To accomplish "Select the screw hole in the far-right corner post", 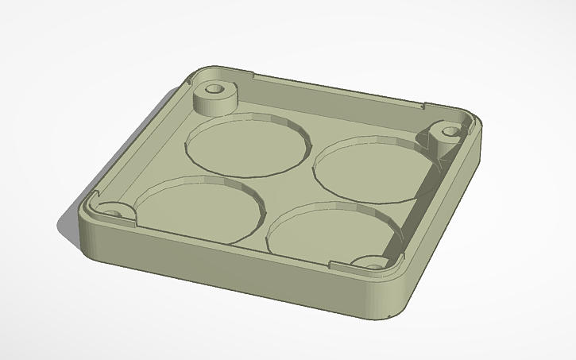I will (x=450, y=130).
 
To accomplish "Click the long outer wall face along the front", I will (x=238, y=270).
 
